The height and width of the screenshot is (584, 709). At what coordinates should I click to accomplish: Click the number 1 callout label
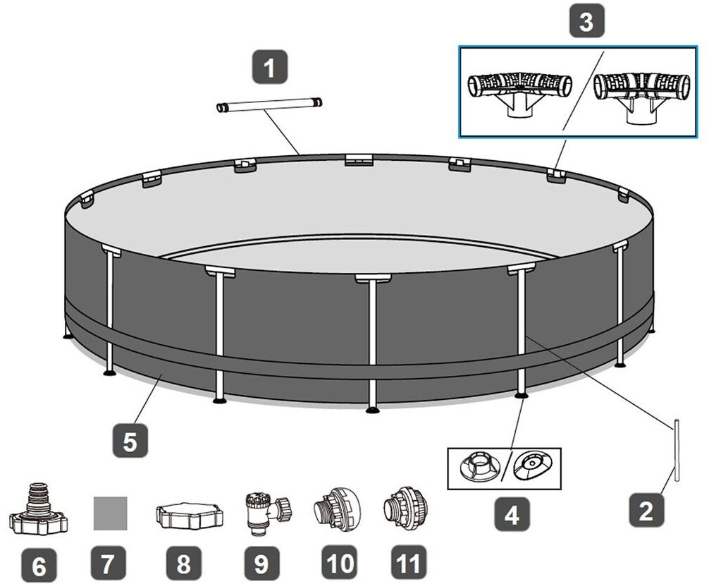pyautogui.click(x=268, y=69)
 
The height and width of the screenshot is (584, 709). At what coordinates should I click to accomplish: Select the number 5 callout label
pyautogui.click(x=130, y=442)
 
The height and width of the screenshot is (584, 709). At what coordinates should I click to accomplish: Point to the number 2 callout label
pyautogui.click(x=646, y=510)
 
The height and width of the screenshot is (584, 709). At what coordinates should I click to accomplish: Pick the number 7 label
pyautogui.click(x=110, y=564)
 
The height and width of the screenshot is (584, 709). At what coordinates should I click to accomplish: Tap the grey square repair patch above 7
pyautogui.click(x=111, y=513)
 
